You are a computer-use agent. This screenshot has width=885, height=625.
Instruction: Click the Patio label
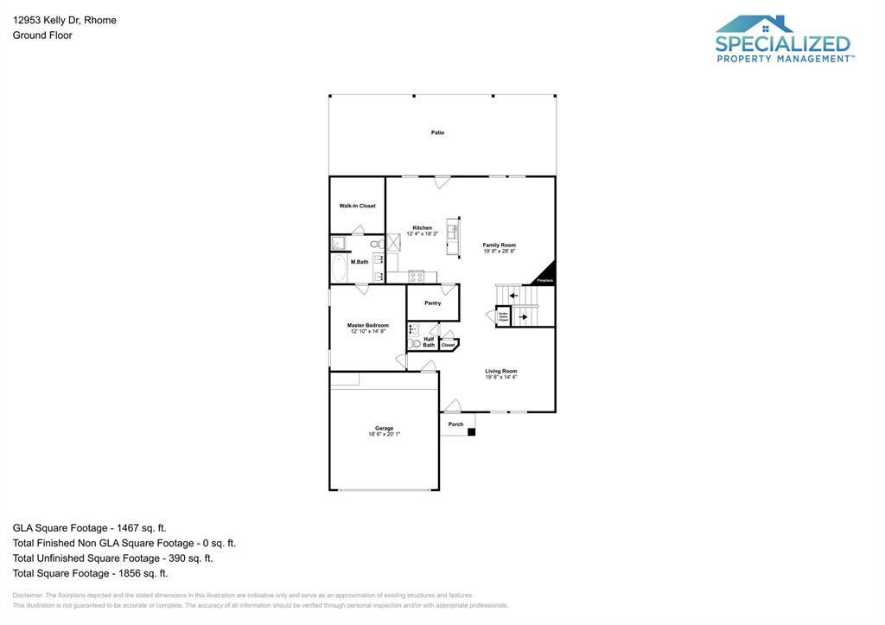438,132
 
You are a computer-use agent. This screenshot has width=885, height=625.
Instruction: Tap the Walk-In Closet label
357,206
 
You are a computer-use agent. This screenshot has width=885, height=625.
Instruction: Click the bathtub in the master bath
339,269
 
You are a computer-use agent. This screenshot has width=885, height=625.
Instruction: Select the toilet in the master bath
381,246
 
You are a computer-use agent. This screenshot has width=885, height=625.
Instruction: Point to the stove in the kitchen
417,277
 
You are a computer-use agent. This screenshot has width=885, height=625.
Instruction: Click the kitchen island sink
451,232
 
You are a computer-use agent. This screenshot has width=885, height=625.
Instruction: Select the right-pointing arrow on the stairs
523,317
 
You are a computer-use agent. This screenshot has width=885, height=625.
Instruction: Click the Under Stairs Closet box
503,317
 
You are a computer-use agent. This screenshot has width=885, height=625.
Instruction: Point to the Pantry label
433,303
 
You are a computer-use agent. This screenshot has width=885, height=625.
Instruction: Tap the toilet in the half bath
415,343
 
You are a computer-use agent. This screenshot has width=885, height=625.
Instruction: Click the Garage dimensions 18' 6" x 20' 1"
384,434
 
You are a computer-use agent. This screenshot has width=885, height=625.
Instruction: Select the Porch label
455,424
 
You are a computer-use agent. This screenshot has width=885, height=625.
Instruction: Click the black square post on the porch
471,431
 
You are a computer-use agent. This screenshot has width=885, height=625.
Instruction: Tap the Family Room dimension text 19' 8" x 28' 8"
500,251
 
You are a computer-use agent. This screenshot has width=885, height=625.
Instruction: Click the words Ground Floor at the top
42,35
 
